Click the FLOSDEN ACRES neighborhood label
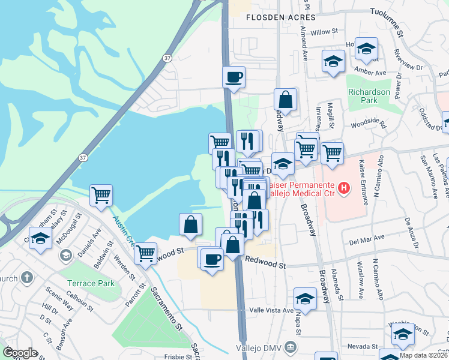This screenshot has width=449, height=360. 273,17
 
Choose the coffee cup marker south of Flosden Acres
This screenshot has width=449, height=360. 234,77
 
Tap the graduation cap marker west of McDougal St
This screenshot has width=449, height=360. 40,238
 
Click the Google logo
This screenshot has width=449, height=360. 20,353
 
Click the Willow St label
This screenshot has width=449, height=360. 325,31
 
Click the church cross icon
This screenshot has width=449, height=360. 26,278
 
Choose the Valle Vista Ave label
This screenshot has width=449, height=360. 271,310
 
